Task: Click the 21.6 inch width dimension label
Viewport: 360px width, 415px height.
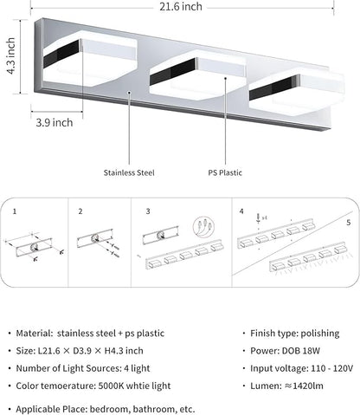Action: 180,7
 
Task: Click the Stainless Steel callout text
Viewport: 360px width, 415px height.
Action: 128,172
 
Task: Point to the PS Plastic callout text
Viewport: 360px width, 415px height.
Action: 225,172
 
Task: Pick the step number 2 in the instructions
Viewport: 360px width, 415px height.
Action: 80,211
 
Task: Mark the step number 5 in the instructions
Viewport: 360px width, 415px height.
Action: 348,222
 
